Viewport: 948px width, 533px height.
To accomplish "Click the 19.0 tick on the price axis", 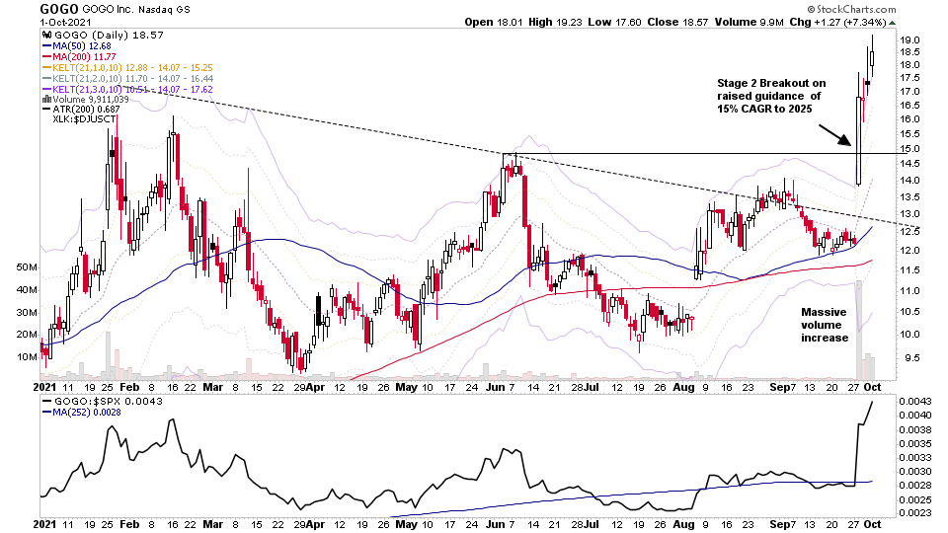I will pos(910,39).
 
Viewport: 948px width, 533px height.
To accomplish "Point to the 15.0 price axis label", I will pos(910,148).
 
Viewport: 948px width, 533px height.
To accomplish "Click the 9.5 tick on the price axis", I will pos(910,358).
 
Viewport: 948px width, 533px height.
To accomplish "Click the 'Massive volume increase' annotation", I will pos(825,324).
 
